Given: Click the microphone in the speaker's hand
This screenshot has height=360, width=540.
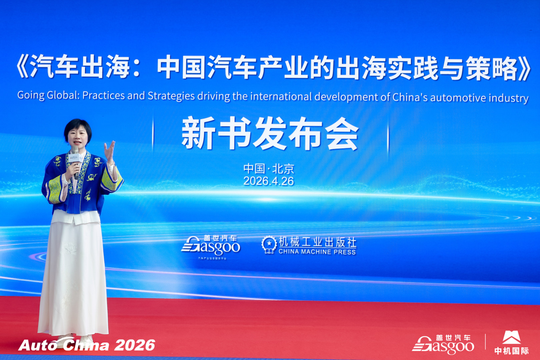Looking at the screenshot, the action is click(75, 162).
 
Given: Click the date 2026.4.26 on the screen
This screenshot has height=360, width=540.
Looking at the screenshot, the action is click(269, 181).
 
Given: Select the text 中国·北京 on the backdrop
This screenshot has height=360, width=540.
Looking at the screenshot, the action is click(269, 169).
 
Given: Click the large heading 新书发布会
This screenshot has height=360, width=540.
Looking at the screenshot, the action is click(270, 133).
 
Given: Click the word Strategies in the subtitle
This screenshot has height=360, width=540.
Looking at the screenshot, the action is click(171, 96).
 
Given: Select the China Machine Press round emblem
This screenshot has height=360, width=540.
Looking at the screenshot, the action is click(269, 245).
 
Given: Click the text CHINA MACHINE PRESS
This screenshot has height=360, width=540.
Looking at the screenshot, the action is click(317, 252).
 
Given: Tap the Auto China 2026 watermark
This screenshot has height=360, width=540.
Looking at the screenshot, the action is click(87, 345).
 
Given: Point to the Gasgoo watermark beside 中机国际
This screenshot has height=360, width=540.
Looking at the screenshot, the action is click(443, 344).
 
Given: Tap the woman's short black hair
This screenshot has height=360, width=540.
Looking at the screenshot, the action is click(78, 128).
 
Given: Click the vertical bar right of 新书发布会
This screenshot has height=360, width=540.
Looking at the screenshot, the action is click(388, 136).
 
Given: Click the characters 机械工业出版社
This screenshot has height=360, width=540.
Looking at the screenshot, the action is click(317, 242).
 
